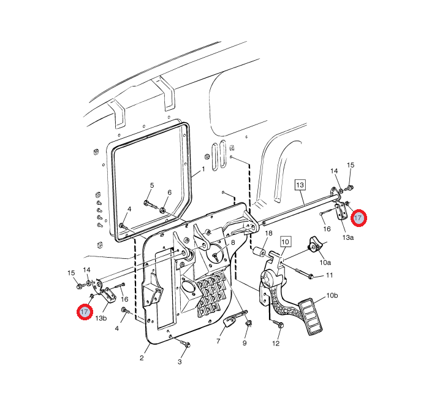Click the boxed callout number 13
[300, 185]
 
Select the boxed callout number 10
[285, 242]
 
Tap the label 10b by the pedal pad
[332, 296]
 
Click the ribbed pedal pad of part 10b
[310, 316]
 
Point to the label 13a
[347, 237]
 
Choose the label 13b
[101, 318]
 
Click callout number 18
[268, 233]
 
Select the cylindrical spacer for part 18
[259, 252]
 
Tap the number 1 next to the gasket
[203, 169]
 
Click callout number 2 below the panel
[142, 358]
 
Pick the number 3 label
[180, 362]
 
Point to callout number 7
[218, 341]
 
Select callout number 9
[245, 343]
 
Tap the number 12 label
[276, 344]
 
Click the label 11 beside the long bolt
[330, 275]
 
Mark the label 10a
[325, 263]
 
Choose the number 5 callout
[152, 185]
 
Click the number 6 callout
[169, 193]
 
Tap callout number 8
[233, 242]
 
